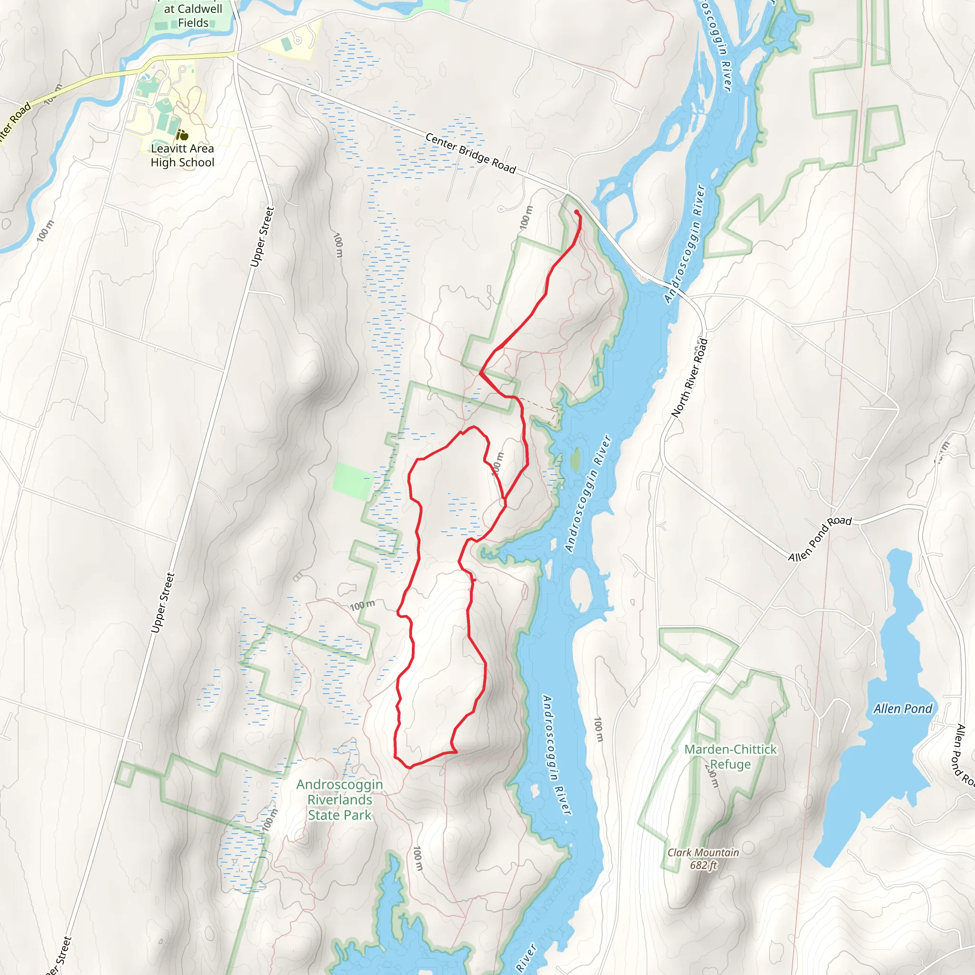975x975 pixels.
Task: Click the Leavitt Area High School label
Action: pos(182,155)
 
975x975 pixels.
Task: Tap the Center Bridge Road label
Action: pos(470,153)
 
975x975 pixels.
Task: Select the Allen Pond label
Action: pos(903,709)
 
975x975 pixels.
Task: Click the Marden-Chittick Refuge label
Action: pos(730,756)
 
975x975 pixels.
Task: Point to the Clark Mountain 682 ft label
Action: pos(703,858)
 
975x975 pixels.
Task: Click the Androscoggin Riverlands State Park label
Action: pos(339,799)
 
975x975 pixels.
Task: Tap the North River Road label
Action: pos(690,378)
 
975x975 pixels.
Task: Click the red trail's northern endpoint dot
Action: pos(577,212)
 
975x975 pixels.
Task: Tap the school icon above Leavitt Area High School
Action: pos(182,135)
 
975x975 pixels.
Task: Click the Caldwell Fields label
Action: pos(193,16)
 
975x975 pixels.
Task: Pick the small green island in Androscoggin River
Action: pos(575,459)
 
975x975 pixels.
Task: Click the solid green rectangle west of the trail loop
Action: pos(353,481)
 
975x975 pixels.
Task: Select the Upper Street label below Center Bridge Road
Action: pos(262,237)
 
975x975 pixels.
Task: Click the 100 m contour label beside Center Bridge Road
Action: pos(527,217)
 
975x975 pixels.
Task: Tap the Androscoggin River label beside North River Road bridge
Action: pos(685,244)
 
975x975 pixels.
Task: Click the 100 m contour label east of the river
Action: pos(598,730)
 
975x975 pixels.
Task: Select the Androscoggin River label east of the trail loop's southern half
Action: pos(557,755)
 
